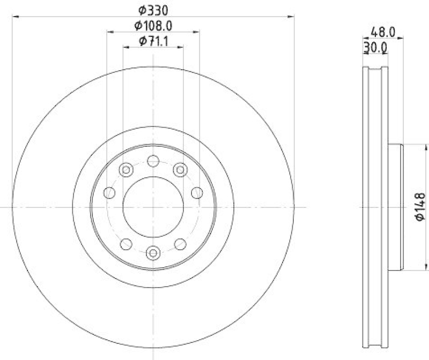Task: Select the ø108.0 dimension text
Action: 153,25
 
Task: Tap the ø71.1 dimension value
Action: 153,41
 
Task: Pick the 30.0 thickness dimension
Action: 375,48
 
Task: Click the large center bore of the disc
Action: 153,207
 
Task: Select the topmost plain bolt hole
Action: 153,161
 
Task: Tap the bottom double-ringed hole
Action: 153,252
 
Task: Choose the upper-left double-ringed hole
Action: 126,170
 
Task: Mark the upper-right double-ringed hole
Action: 180,170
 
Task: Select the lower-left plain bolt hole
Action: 126,244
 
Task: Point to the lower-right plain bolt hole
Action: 180,244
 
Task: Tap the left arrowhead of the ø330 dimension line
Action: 15,17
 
